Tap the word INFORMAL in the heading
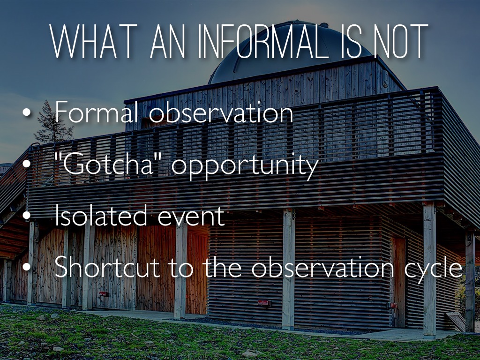tap(263, 41)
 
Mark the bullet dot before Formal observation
tap(27, 112)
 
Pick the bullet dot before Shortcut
tap(27, 267)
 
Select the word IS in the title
tap(351, 41)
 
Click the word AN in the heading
tap(168, 41)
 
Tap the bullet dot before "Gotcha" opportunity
tap(27, 164)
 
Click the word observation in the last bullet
tap(323, 267)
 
